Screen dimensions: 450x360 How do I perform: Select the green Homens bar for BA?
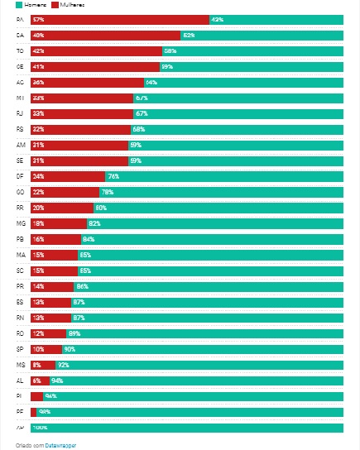[262, 35]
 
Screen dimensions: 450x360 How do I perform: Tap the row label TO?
[20, 50]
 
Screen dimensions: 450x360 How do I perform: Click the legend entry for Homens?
[23, 5]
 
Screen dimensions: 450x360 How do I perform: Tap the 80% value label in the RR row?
[101, 208]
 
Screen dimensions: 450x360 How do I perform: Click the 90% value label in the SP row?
[70, 349]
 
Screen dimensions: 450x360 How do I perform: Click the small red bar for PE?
[33, 412]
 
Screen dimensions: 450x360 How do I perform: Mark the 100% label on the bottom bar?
[39, 428]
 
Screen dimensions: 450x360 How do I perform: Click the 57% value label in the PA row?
[38, 19]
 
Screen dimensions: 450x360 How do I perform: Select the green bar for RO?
[207, 333]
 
